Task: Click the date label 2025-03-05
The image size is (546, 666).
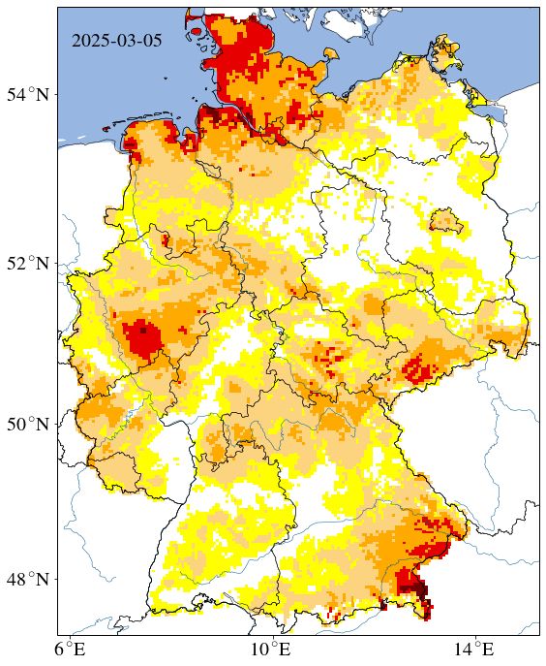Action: pos(116,41)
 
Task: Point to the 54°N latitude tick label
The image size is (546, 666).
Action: pos(29,95)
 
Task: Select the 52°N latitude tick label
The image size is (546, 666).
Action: pos(29,264)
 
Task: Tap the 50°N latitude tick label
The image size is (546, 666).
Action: pos(29,425)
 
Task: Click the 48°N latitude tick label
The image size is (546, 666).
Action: pos(29,580)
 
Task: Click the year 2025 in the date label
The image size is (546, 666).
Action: pos(91,41)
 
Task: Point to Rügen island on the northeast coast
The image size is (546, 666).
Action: pos(447,48)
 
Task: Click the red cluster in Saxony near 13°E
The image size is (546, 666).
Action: pos(418,366)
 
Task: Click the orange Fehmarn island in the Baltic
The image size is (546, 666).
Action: pos(330,50)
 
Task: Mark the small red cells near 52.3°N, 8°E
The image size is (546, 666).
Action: pos(166,238)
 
